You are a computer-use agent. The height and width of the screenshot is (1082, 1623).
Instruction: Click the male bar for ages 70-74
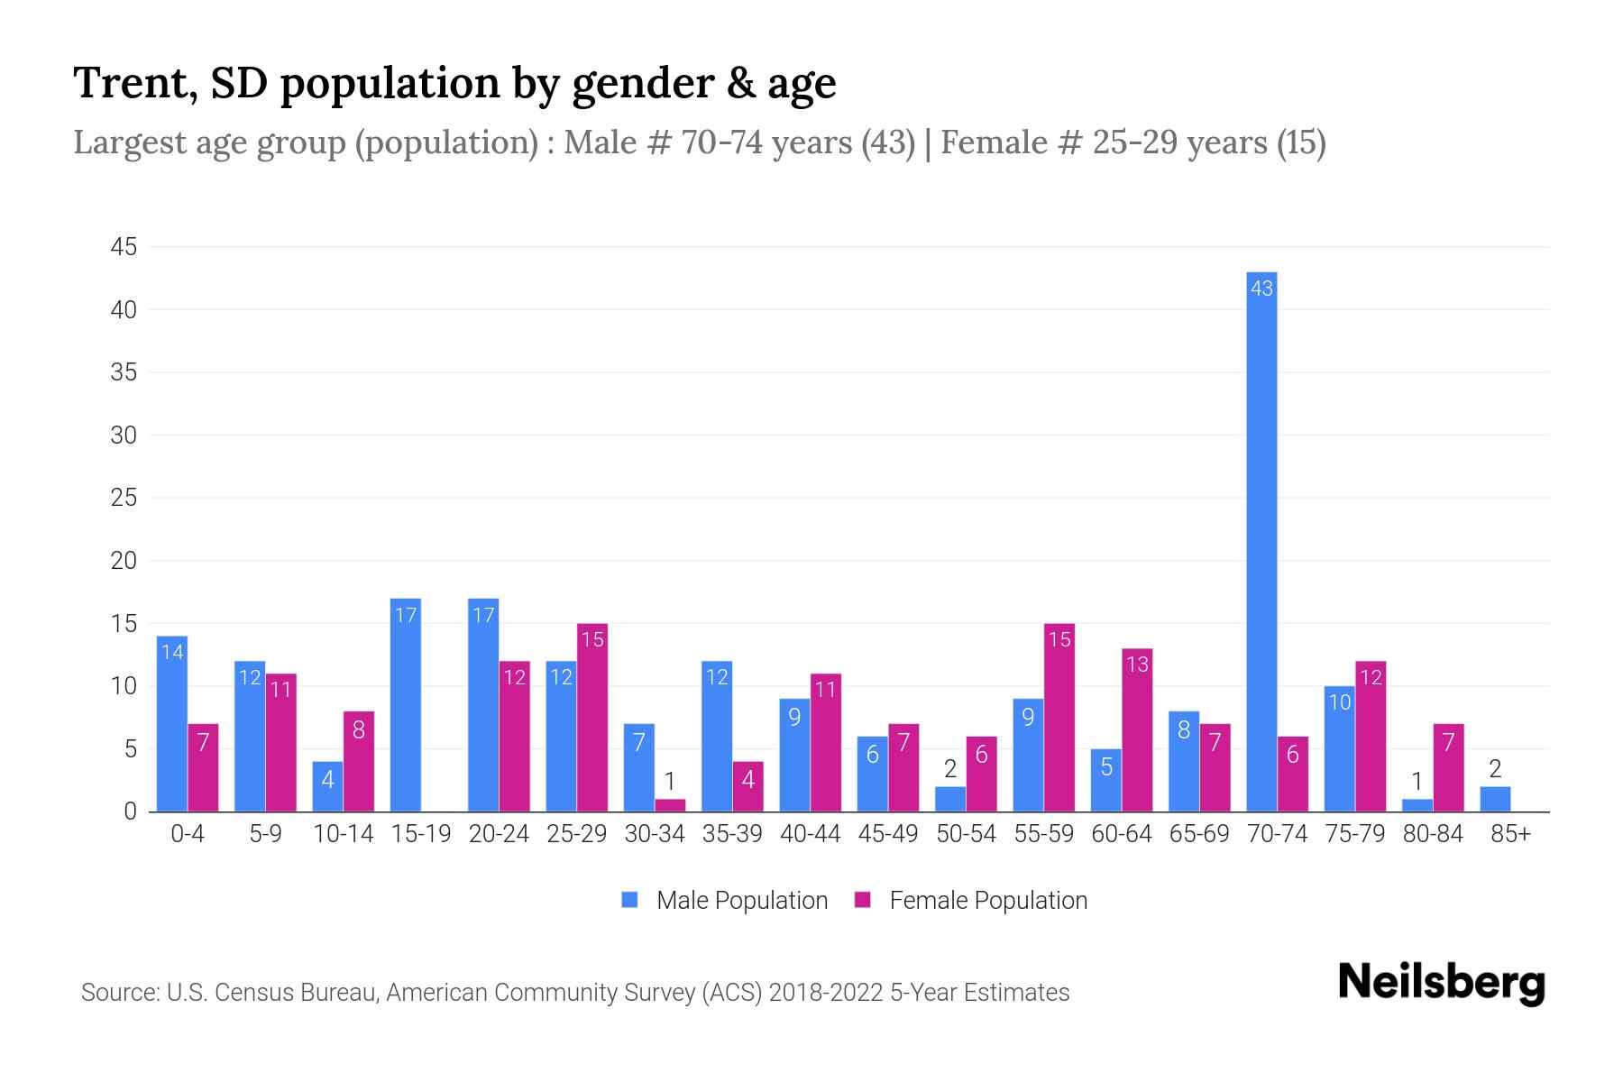coord(1261,541)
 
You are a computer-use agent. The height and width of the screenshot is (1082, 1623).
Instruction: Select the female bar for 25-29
coord(592,718)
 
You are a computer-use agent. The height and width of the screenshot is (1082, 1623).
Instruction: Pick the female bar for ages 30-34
coord(670,805)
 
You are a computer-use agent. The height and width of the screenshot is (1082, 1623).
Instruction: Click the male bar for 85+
coord(1495,800)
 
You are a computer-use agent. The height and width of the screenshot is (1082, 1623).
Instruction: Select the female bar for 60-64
coord(1137,730)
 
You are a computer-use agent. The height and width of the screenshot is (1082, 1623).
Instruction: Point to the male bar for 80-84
coord(1417,805)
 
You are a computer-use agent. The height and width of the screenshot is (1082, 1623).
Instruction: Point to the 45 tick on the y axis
coord(124,247)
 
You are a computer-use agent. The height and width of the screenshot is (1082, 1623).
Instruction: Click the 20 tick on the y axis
coord(124,561)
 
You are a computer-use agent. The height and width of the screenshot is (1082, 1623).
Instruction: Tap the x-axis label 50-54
coord(966,834)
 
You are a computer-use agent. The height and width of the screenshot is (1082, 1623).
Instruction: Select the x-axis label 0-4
coord(188,834)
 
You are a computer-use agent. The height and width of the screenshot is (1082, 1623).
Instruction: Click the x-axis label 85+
coord(1510,834)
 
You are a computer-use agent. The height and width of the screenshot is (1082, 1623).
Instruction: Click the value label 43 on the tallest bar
coord(1261,289)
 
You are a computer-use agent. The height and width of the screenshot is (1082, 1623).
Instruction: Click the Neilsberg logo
coord(1441,983)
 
